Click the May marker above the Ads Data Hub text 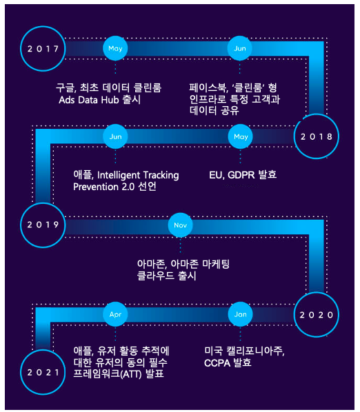[115, 48]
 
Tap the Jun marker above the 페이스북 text [240, 48]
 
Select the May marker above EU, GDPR [241, 136]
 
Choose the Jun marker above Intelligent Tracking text [115, 136]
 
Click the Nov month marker [181, 225]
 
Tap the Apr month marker [115, 314]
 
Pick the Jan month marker [241, 314]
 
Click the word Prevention [96, 187]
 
